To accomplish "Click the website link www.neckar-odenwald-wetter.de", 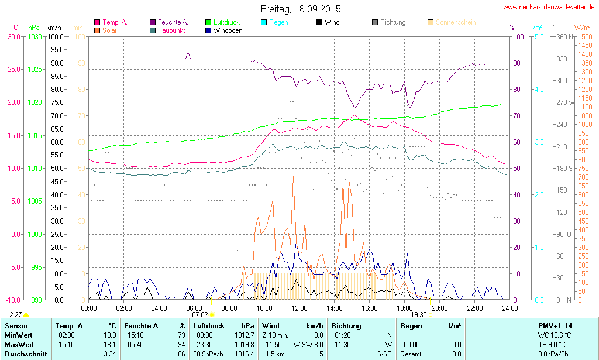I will tap(549, 8).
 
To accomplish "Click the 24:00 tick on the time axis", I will tap(510, 308).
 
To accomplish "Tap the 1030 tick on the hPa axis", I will tap(35, 36).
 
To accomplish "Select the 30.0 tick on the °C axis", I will tap(13, 36).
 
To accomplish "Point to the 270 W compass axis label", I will tap(563, 102).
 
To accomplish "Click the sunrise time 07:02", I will tap(199, 315).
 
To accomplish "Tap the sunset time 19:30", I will tap(418, 315).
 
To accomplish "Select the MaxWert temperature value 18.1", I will tap(109, 344).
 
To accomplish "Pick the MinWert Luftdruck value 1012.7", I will tap(243, 335).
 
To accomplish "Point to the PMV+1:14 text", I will tap(555, 325).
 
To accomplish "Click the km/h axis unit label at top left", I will tap(53, 28).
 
